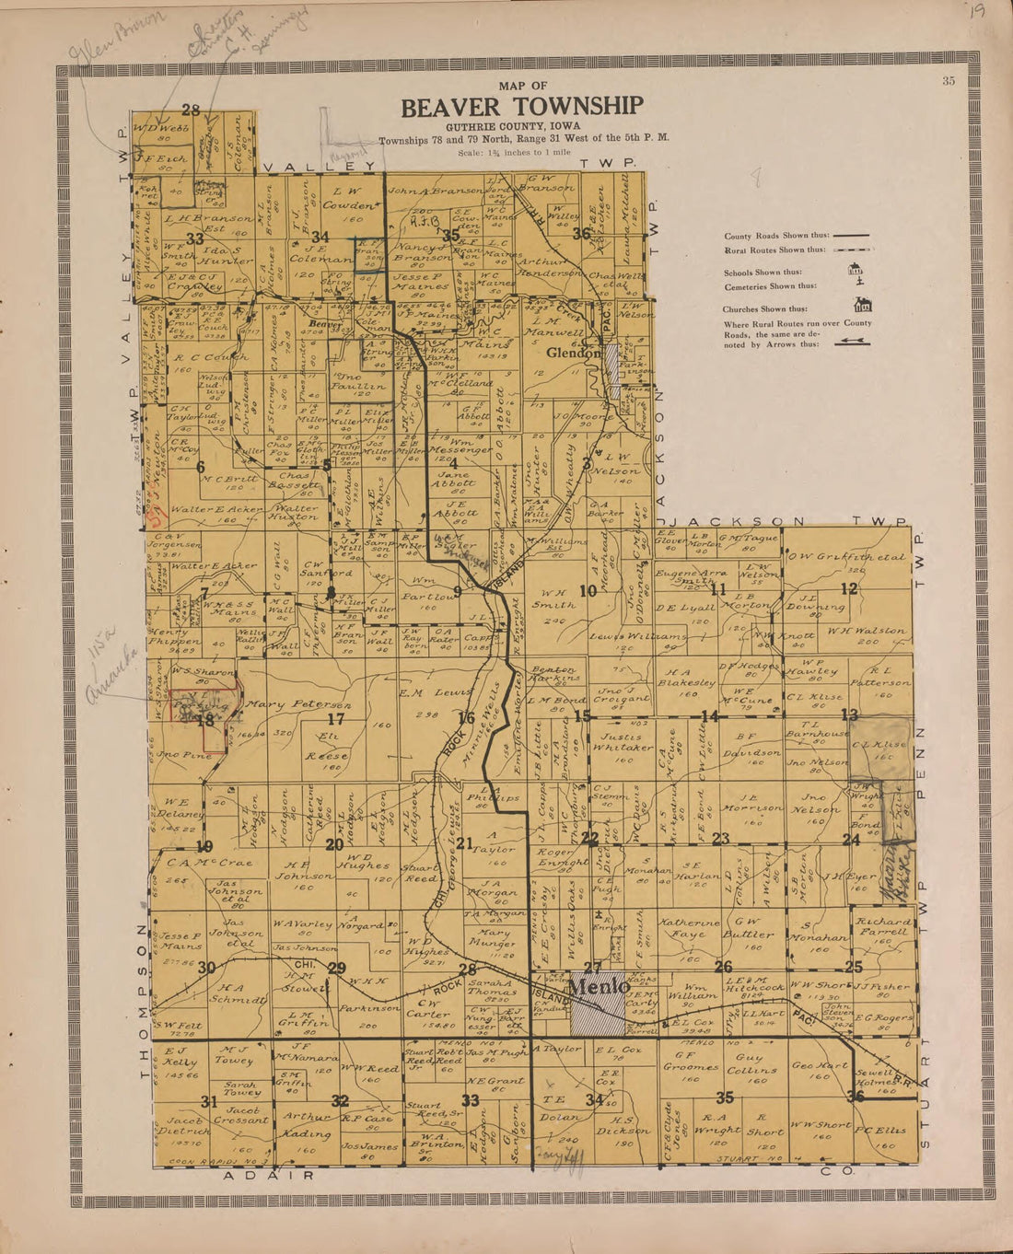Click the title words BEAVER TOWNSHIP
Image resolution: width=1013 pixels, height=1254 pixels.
[521, 108]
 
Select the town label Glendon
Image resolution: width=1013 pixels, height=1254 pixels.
[574, 353]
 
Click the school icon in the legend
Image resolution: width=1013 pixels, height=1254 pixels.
[854, 270]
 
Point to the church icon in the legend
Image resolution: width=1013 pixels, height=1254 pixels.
[863, 306]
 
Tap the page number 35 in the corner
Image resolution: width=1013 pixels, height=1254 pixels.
[949, 81]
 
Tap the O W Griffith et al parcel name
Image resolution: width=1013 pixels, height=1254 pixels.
[846, 558]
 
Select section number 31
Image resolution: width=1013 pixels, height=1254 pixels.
[209, 1101]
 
